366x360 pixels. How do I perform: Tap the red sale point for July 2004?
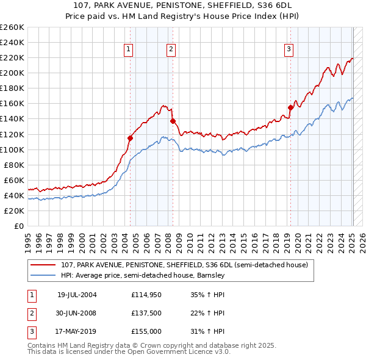coord(130,138)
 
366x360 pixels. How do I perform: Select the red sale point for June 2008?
coord(173,121)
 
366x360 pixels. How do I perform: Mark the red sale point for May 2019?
coord(290,107)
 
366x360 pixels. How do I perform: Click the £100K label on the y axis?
coord(12,149)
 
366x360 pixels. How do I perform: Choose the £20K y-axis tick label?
coord(14,211)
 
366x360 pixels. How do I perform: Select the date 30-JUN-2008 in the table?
coord(77,313)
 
